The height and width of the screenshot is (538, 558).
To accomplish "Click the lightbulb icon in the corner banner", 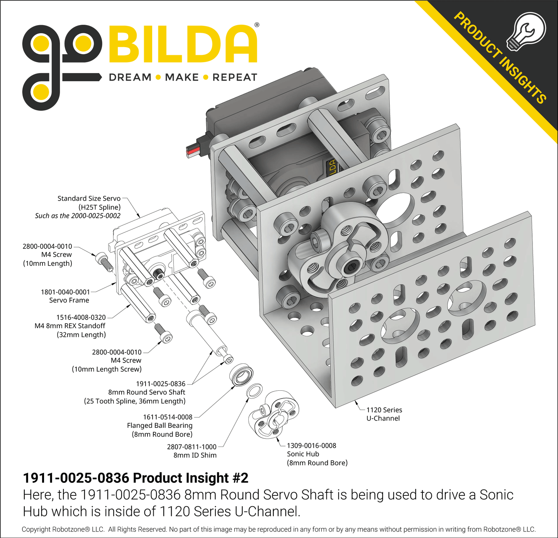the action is click(526, 31).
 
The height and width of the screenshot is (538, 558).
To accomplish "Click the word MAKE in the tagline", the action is click(182, 77).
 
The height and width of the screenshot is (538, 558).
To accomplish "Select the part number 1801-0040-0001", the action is click(65, 292).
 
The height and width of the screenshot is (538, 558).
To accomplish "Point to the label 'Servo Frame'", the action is click(69, 300).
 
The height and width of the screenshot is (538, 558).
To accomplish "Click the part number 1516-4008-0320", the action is click(81, 317).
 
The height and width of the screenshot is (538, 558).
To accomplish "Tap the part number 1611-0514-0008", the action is click(168, 417).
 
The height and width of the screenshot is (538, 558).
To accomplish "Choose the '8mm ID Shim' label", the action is click(195, 455).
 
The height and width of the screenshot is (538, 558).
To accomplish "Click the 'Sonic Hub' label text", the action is click(303, 454).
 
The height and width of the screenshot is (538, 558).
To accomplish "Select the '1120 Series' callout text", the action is click(384, 410).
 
